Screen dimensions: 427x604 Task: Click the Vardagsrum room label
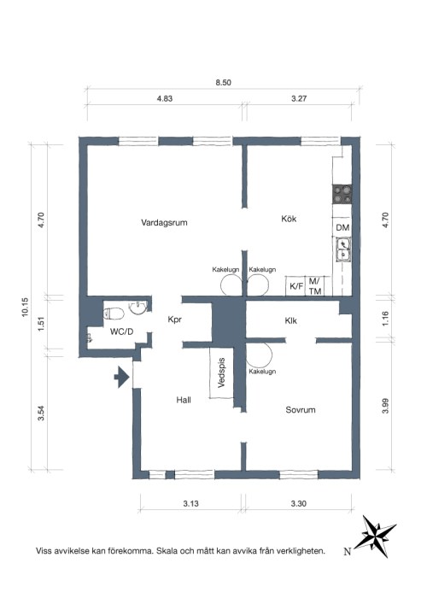(164, 223)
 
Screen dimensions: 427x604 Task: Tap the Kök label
(289, 219)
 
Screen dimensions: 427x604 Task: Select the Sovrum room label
(301, 410)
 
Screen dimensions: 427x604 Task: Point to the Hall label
(184, 400)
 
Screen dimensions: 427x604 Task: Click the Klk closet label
(291, 320)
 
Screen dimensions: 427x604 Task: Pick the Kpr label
(175, 320)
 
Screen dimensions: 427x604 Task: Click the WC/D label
(121, 331)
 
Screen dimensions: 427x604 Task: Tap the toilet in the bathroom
(114, 314)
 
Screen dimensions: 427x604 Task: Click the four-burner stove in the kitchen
(342, 194)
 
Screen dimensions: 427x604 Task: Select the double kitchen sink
(342, 249)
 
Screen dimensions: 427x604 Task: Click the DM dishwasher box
(342, 227)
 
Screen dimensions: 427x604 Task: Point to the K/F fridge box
(296, 286)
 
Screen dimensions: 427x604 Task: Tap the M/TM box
(315, 286)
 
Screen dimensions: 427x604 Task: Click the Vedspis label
(221, 372)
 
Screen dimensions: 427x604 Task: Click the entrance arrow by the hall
(121, 377)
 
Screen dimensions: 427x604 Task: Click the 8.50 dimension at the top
(223, 82)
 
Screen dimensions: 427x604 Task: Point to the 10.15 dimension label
(25, 308)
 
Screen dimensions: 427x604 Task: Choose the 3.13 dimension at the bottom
(191, 503)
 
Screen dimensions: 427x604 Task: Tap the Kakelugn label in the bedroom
(262, 372)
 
